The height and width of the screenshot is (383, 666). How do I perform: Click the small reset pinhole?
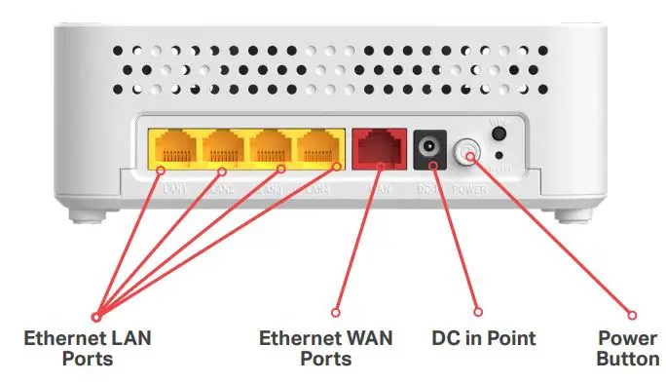pos(499,155)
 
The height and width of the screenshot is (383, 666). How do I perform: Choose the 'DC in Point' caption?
pos(484,339)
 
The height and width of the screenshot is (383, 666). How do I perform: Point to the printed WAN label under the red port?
pos(380,185)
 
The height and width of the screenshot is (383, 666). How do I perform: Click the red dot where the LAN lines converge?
pos(96,316)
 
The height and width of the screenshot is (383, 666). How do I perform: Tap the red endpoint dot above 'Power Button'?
pos(631,315)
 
